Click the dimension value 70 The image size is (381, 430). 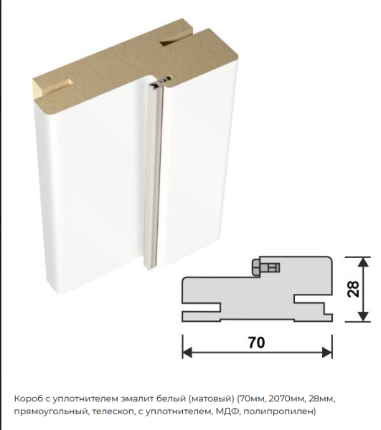click(x=257, y=343)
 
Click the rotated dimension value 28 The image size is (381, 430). click(x=353, y=289)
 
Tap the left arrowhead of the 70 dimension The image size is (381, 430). click(x=187, y=353)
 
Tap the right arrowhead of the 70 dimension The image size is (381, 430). click(x=327, y=353)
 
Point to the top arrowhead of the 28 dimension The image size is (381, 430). click(x=363, y=262)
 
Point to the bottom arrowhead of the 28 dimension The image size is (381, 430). click(x=363, y=317)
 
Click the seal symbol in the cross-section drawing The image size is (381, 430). click(x=265, y=267)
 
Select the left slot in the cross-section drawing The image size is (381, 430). click(x=201, y=307)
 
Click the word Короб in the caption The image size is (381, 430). click(x=27, y=399)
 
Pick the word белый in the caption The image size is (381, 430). click(x=171, y=398)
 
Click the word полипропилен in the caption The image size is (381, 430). click(x=279, y=412)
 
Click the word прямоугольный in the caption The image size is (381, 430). click(x=51, y=412)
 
